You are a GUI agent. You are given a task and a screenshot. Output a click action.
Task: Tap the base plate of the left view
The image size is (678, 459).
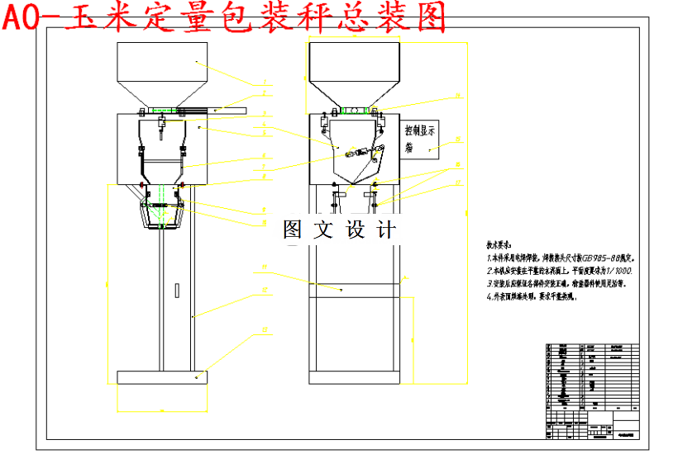point(161,377)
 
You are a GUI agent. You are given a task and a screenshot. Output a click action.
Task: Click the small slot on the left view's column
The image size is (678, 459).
point(176,290)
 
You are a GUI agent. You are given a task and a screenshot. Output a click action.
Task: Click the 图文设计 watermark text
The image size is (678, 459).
point(339,230)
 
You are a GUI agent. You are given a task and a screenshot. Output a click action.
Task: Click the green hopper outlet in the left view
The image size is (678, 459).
point(165,109)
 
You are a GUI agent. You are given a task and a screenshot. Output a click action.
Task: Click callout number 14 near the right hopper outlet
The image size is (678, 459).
point(456,96)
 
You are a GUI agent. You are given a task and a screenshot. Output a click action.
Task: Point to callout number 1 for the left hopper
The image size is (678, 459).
point(264,83)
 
